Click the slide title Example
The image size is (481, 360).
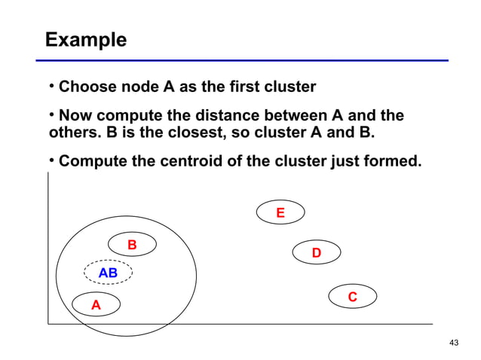85,39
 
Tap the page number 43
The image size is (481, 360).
453,343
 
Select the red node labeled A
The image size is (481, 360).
96,305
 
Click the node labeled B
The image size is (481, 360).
132,245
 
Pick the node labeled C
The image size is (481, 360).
352,298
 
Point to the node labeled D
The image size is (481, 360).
317,253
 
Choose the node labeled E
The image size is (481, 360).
280,213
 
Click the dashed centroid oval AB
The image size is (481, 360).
109,273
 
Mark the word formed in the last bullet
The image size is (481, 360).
393,162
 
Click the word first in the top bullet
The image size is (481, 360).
234,87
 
